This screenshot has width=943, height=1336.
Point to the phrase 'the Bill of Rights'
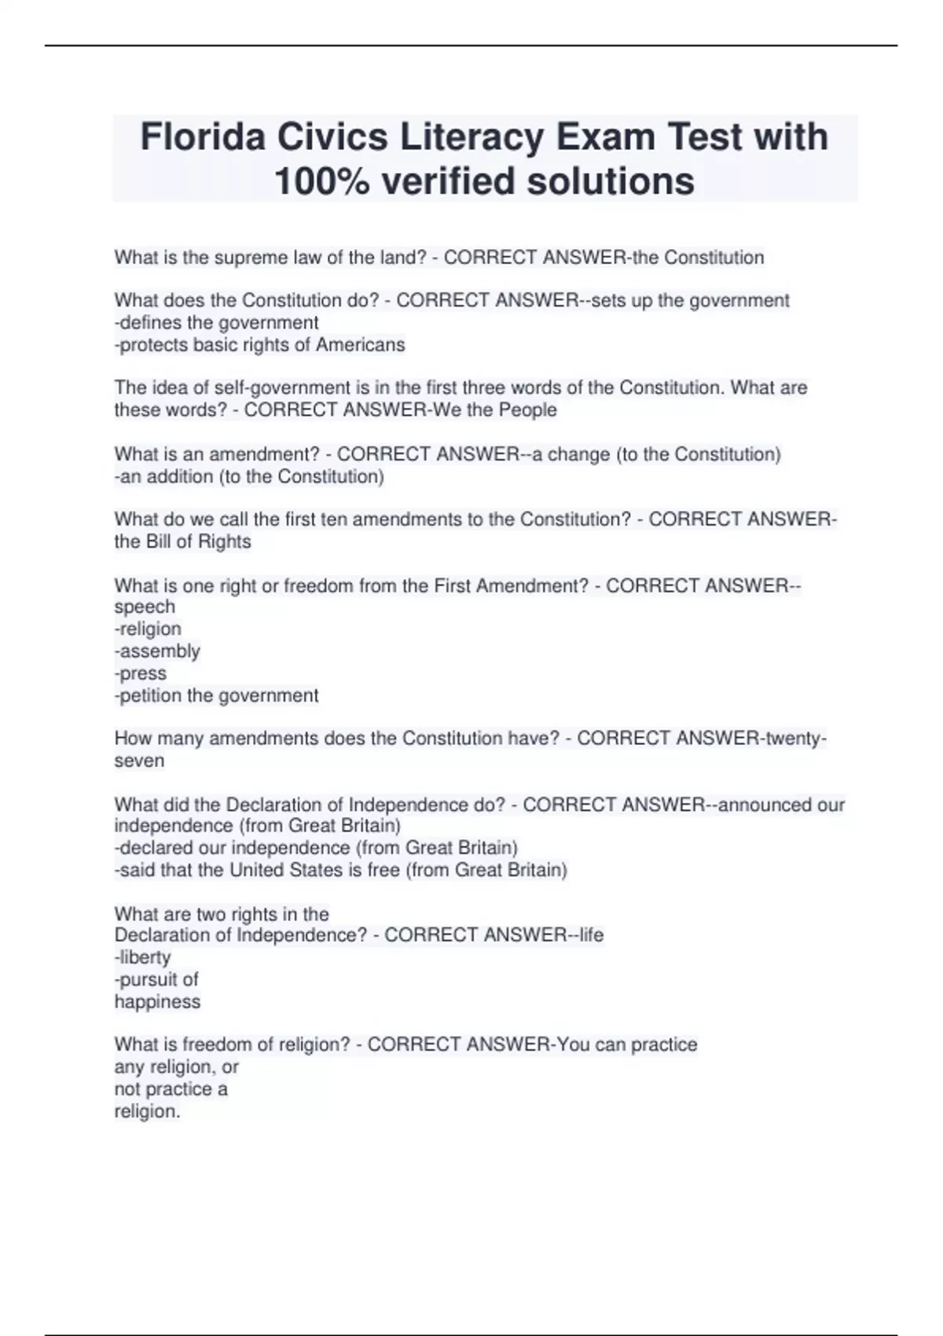(x=183, y=541)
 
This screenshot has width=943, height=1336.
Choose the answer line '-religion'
(x=148, y=629)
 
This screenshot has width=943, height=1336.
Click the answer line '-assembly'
(x=157, y=651)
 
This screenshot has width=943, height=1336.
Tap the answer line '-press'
(x=141, y=674)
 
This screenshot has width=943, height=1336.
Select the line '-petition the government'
(x=216, y=696)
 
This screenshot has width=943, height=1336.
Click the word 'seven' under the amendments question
(x=139, y=761)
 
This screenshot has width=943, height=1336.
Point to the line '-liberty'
(x=142, y=957)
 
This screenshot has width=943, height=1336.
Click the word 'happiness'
(x=157, y=1001)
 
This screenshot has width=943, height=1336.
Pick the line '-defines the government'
(x=216, y=322)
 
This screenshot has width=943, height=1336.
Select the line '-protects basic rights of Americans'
(x=259, y=344)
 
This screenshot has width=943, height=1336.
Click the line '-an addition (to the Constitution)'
(x=249, y=476)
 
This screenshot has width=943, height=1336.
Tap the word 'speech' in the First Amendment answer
(x=145, y=607)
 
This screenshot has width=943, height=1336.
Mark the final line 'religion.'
(x=147, y=1111)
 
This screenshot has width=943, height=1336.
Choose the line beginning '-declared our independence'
(x=316, y=848)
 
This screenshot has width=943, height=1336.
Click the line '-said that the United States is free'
(x=340, y=870)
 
